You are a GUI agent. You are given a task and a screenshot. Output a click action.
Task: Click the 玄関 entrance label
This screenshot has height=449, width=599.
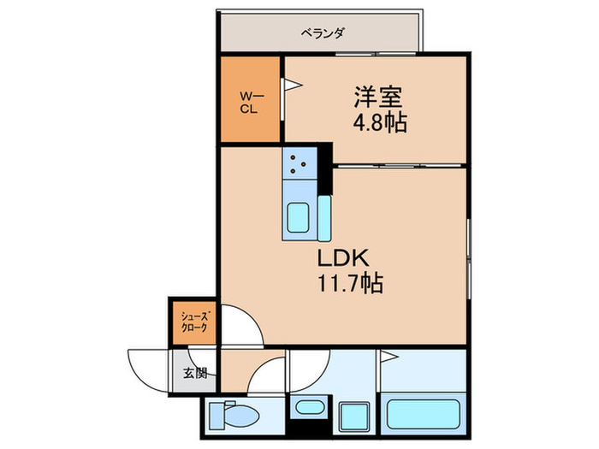pos(194,372)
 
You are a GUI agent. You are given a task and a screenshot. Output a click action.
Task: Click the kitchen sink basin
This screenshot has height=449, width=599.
pos(298,218)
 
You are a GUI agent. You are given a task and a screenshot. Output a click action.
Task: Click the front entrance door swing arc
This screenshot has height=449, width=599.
pos(145,363)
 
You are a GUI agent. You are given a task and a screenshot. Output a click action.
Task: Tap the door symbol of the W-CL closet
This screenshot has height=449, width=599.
pos(291,85)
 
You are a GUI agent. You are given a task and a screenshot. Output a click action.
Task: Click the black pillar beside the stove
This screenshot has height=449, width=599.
pos(325,171)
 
